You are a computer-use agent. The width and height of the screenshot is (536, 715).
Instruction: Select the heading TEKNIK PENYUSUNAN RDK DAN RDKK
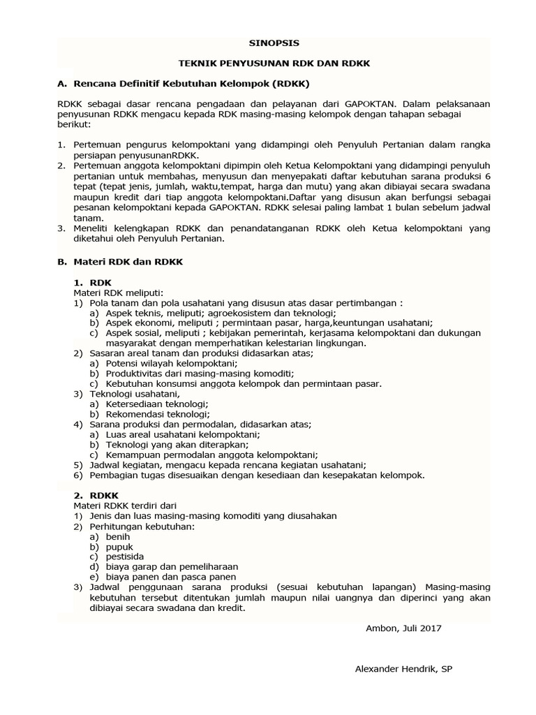click(x=274, y=63)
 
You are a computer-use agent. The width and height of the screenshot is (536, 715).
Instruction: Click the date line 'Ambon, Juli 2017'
click(x=403, y=627)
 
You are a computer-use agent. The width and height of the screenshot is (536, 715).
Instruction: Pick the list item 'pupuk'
click(x=119, y=546)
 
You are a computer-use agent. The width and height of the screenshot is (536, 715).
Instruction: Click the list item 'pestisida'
click(x=124, y=556)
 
